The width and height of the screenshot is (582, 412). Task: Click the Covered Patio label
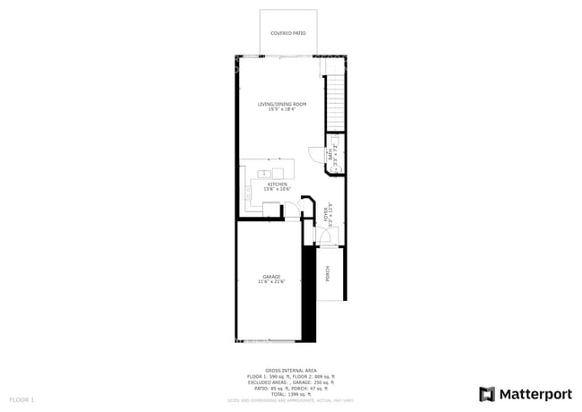[288, 33]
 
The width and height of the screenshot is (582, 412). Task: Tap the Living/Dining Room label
[276, 105]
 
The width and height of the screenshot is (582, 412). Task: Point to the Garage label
[271, 277]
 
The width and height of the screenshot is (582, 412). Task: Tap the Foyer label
[326, 214]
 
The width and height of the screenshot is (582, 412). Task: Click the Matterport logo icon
[487, 394]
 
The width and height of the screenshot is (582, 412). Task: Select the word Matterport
[535, 394]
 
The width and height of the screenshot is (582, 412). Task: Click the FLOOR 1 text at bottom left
[21, 399]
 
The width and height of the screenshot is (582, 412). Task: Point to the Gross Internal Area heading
[291, 369]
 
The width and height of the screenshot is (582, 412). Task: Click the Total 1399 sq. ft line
[291, 394]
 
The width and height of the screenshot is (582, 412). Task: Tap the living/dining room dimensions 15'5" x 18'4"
[276, 110]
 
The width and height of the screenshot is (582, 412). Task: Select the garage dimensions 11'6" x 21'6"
[271, 282]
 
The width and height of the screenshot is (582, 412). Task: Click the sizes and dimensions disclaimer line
[291, 399]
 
